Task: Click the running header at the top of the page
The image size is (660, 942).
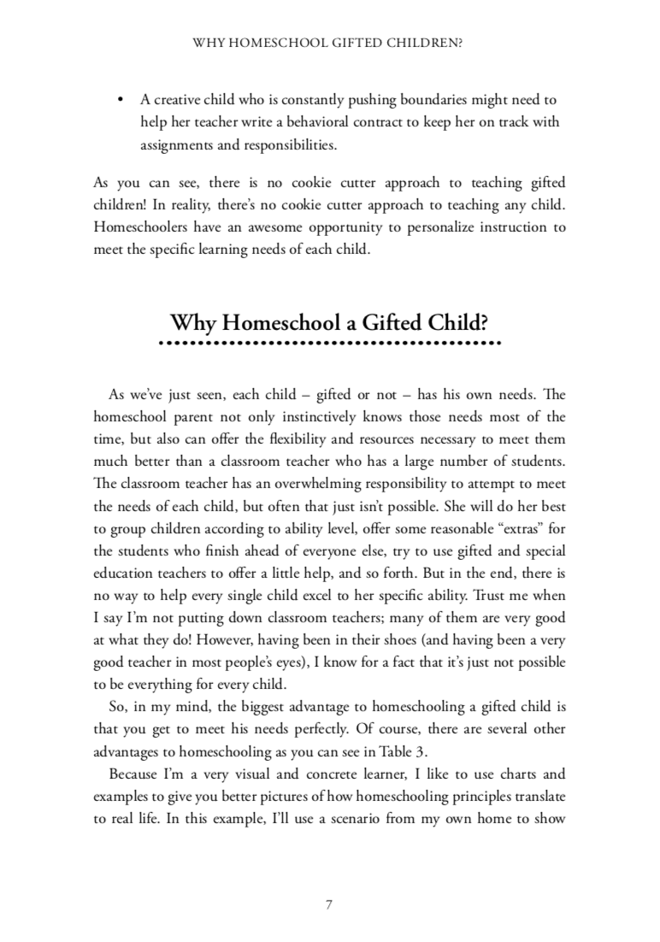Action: click(x=329, y=40)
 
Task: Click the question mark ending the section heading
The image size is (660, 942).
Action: click(x=484, y=323)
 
